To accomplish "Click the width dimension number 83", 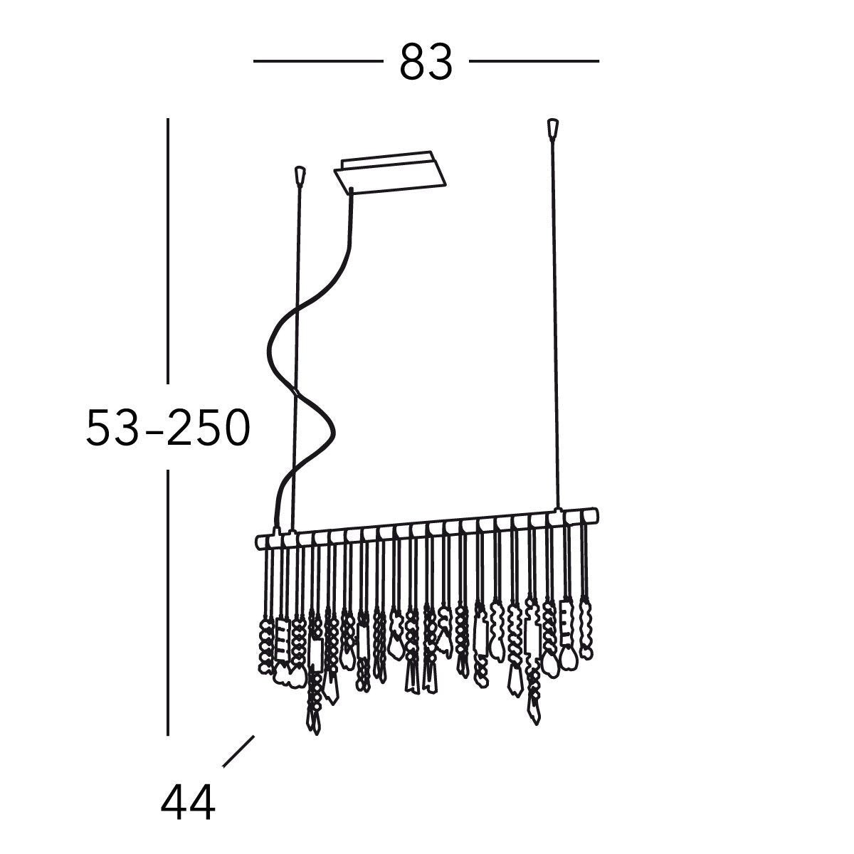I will click(x=426, y=62).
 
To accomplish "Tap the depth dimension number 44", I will click(x=188, y=803).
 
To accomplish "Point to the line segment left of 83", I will click(x=317, y=62).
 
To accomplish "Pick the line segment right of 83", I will click(x=534, y=62).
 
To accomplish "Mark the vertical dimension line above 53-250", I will click(x=168, y=249).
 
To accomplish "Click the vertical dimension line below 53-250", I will click(x=168, y=601).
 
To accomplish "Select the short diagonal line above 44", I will click(x=238, y=751).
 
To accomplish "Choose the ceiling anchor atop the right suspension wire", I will click(x=552, y=128).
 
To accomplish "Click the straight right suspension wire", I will click(x=554, y=320).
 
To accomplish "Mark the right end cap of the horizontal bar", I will click(x=594, y=515).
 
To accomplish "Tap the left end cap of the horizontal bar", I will click(x=260, y=542).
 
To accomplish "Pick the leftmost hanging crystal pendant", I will click(x=265, y=644).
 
